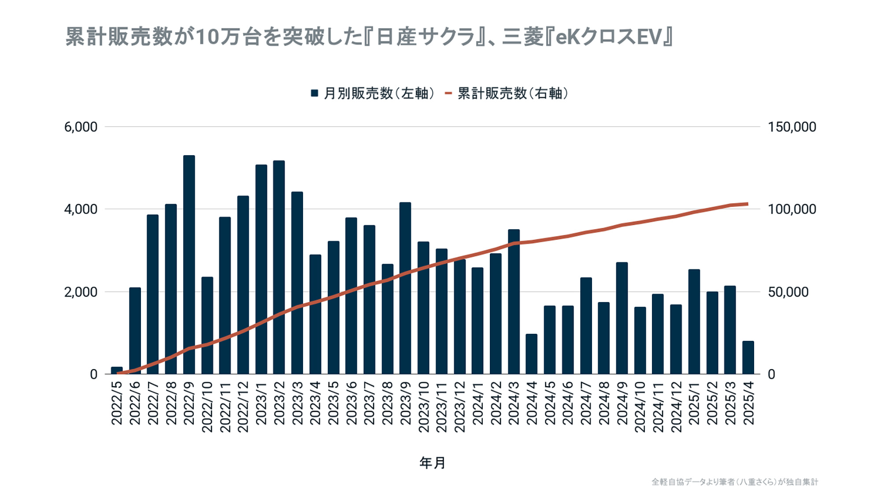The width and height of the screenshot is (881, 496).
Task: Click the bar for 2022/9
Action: point(189,265)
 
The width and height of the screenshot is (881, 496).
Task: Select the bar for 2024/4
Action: point(532,354)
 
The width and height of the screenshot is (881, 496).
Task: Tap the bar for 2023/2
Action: point(279,267)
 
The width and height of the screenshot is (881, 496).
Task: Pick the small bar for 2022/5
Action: point(117,370)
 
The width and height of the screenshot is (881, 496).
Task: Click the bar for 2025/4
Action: point(748,358)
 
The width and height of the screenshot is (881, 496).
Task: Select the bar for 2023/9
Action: point(405,288)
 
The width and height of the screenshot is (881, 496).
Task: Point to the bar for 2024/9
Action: point(622,318)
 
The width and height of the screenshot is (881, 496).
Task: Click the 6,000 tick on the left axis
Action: point(81,127)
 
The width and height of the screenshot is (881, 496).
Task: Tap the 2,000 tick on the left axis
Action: point(81,292)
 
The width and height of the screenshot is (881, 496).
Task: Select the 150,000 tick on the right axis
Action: point(792,127)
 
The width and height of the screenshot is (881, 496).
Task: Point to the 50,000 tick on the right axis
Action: point(788,292)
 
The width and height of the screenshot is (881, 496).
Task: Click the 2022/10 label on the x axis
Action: point(207,407)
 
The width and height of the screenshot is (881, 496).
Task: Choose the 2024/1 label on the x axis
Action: point(478,403)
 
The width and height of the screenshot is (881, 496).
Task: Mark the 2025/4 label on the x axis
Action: point(748,403)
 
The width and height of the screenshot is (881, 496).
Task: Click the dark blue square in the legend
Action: point(315,93)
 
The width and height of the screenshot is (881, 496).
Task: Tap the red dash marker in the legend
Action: point(448,93)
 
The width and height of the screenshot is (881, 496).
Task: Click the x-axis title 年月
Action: point(432,463)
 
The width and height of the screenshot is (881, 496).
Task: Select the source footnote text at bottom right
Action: point(735,482)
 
